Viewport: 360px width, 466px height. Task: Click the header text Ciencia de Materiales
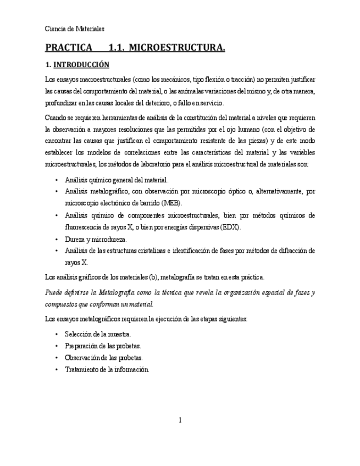coord(74,29)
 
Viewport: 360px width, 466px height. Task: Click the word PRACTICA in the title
coord(69,48)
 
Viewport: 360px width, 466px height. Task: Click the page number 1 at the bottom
coord(180,420)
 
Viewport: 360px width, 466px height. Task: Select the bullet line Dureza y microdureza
coord(95,240)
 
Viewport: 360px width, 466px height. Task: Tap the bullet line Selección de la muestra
coord(97,334)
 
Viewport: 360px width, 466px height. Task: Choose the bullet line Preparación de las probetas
coord(102,346)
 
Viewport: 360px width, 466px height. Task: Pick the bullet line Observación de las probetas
coord(103,358)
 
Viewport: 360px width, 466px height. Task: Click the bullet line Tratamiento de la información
coord(107,370)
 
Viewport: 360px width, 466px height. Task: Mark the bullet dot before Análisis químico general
coord(57,180)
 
